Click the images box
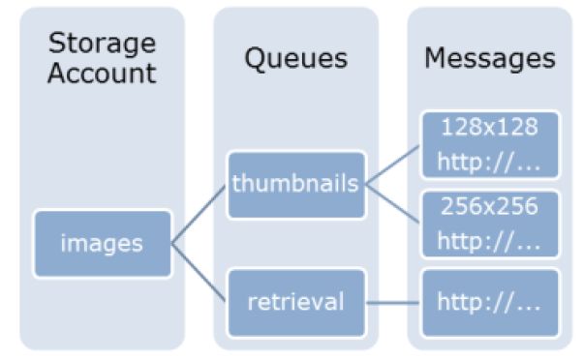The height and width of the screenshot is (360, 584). (x=102, y=242)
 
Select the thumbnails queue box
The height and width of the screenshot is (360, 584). (x=296, y=184)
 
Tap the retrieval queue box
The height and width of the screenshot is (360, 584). (x=296, y=301)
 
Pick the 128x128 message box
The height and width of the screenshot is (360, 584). (x=490, y=143)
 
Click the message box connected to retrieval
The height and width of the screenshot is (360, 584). (x=490, y=301)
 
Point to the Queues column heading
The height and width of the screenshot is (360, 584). (x=295, y=59)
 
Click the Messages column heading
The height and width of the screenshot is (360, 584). (x=490, y=59)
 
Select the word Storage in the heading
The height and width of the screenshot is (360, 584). (x=102, y=44)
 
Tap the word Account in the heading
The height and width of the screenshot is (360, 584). (x=102, y=75)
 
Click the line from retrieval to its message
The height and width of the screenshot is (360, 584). (x=393, y=302)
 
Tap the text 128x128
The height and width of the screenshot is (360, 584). (x=490, y=127)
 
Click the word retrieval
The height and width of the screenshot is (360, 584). (x=296, y=301)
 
